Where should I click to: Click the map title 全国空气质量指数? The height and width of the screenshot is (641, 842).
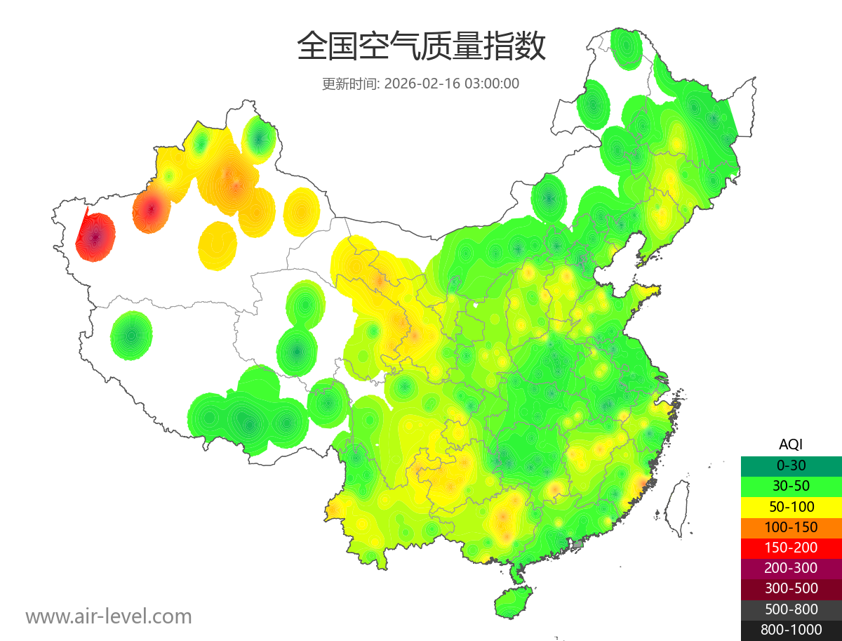click(421, 47)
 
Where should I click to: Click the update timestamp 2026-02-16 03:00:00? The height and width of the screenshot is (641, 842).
click(452, 84)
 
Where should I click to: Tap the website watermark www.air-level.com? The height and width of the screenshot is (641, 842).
click(109, 616)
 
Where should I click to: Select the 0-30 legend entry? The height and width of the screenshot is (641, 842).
click(791, 465)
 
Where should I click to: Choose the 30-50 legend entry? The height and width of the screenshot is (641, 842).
click(791, 485)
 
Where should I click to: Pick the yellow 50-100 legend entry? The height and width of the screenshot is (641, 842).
click(791, 506)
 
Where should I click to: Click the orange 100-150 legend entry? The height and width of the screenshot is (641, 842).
click(791, 527)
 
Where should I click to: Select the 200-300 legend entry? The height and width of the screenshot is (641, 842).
click(791, 568)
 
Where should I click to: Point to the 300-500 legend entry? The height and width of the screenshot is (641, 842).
click(791, 588)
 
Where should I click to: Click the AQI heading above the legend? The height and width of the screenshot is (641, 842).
click(791, 444)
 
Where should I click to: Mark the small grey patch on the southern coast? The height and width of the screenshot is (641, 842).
click(578, 543)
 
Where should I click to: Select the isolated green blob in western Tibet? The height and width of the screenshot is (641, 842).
click(131, 336)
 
